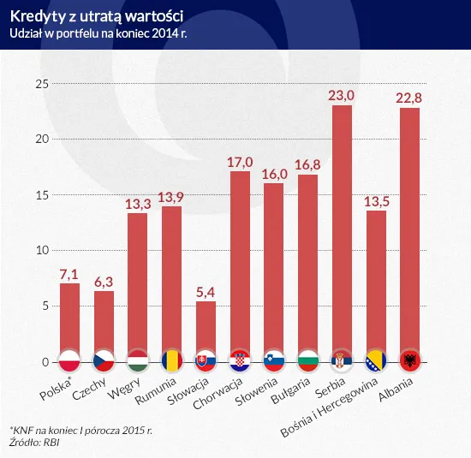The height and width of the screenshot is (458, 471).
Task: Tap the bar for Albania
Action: pyautogui.click(x=409, y=227)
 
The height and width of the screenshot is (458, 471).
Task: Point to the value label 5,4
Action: pyautogui.click(x=206, y=292)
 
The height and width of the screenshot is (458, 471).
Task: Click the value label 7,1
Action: pyautogui.click(x=69, y=273)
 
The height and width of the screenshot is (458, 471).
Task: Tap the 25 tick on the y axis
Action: pyautogui.click(x=40, y=84)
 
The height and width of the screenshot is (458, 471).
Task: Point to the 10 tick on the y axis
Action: pyautogui.click(x=40, y=251)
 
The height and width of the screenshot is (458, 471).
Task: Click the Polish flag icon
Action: pyautogui.click(x=69, y=360)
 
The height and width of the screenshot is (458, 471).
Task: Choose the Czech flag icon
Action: pyautogui.click(x=104, y=360)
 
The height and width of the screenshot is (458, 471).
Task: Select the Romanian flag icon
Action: pyautogui.click(x=171, y=360)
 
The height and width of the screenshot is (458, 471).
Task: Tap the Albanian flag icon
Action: pyautogui.click(x=409, y=360)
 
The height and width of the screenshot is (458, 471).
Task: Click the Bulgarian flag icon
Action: pyautogui.click(x=307, y=360)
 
